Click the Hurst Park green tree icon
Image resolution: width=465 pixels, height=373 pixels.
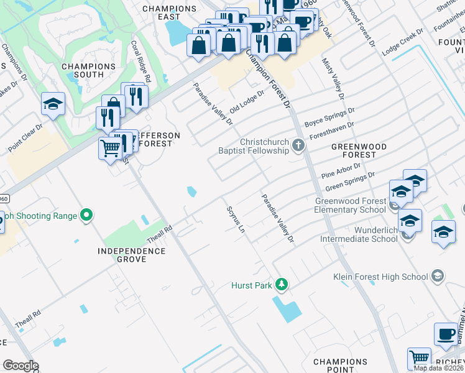click(282, 285)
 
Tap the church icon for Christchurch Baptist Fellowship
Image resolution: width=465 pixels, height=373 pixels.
click(298, 145)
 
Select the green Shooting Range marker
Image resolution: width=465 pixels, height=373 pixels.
click(86, 216)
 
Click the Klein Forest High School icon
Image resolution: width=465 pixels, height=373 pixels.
click(438, 276)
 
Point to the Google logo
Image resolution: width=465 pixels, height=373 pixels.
click(21, 366)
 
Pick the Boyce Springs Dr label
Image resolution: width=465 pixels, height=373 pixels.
click(329, 116)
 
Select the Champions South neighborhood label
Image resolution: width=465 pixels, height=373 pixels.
click(88, 70)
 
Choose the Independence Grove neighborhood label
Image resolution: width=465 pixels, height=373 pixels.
click(132, 255)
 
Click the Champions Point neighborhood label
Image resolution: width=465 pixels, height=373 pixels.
click(340, 366)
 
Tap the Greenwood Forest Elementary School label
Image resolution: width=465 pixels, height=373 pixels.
click(351, 205)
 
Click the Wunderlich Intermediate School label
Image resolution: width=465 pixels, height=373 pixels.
click(359, 234)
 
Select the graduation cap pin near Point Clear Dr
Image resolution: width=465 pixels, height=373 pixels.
click(53, 104)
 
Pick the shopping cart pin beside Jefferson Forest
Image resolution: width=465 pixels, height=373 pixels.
click(110, 149)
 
